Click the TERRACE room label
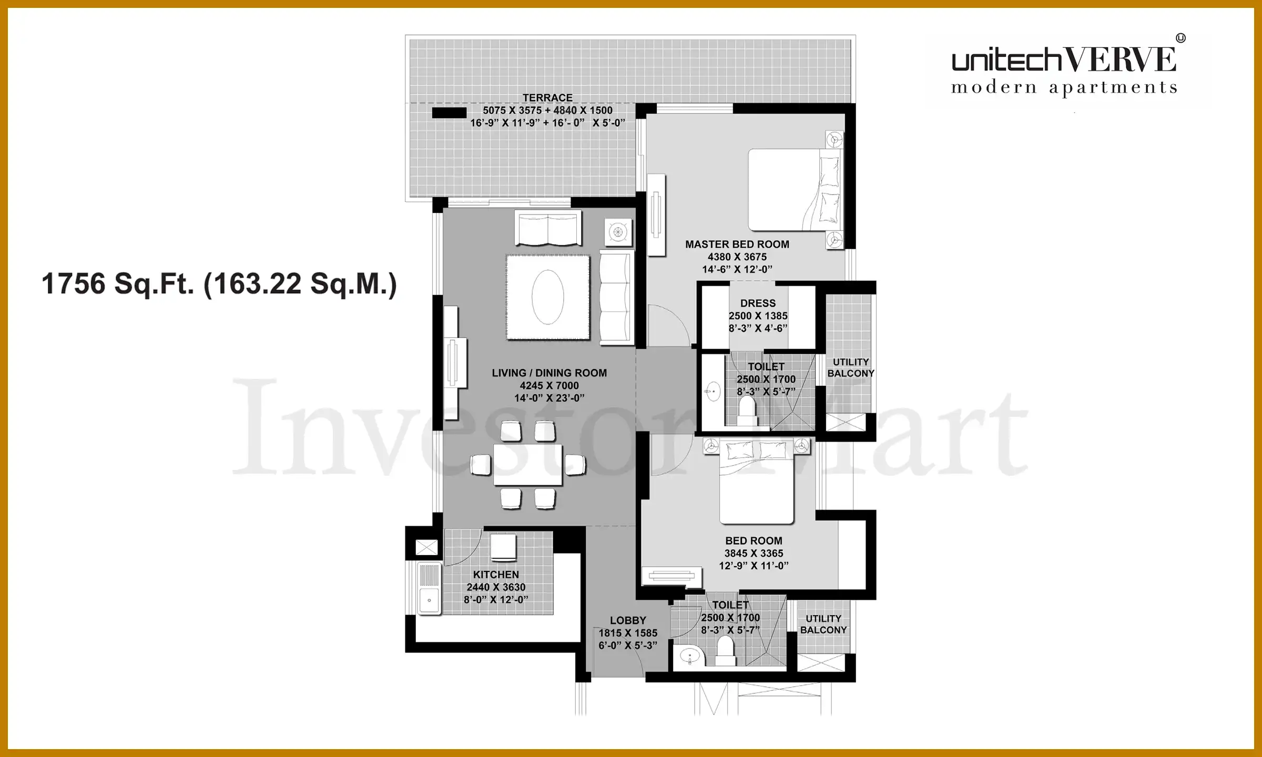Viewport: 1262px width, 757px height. click(547, 98)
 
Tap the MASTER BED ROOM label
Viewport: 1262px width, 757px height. click(737, 244)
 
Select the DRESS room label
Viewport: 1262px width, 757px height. click(758, 303)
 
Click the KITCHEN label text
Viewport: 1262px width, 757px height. click(496, 575)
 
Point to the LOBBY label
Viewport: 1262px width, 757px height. click(628, 620)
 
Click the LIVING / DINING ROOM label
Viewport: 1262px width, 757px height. click(549, 373)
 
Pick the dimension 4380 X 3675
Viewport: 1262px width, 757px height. click(737, 257)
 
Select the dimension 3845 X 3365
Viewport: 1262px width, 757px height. click(754, 554)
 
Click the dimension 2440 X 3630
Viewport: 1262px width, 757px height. click(496, 587)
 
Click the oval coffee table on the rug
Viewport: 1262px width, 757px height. click(548, 297)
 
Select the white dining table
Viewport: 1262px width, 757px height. click(527, 465)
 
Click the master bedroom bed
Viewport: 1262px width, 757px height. click(795, 190)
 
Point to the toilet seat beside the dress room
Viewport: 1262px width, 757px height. click(747, 411)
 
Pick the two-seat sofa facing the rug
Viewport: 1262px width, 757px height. click(548, 228)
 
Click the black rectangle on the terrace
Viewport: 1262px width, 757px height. click(449, 112)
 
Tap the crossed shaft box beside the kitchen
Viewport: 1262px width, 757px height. click(426, 548)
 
